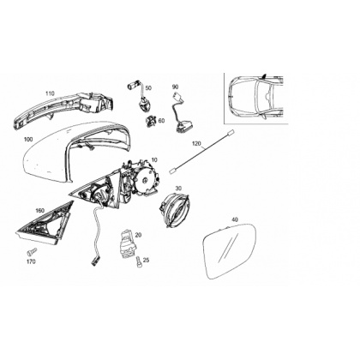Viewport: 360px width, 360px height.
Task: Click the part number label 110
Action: click(x=50, y=93)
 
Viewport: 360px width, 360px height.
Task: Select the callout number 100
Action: click(x=28, y=140)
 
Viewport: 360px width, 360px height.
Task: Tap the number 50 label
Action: click(x=148, y=87)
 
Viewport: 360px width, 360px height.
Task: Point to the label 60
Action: click(x=161, y=121)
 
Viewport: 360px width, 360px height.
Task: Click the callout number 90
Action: click(x=175, y=87)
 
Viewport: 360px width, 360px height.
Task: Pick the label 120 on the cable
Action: click(x=196, y=143)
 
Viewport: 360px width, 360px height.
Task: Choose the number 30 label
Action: click(x=178, y=189)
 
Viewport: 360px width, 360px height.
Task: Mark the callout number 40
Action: click(x=235, y=219)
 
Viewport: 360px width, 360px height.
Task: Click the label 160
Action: click(x=39, y=211)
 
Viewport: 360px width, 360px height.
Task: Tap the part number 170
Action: click(x=31, y=261)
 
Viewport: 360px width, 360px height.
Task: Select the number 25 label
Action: click(x=146, y=260)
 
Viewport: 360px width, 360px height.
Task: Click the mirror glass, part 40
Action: click(x=230, y=251)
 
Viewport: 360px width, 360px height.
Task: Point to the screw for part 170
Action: click(x=32, y=251)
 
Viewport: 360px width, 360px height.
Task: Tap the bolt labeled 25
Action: click(x=138, y=261)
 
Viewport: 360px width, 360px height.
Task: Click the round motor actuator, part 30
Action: click(x=174, y=208)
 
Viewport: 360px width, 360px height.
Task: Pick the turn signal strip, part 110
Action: click(x=63, y=110)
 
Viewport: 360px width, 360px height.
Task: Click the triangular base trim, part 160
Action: click(x=45, y=225)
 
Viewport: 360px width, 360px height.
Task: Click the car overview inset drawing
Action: click(x=256, y=99)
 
